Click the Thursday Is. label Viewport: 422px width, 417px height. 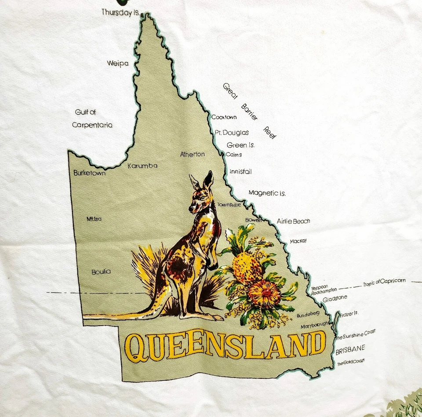tap(120, 12)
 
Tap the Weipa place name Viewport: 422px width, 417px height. tap(118, 64)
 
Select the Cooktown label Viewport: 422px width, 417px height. tap(224, 117)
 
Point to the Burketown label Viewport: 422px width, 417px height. tap(90, 173)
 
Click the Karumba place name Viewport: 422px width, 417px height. tap(142, 166)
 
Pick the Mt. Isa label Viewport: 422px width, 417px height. tap(94, 219)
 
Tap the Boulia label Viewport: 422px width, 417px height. tap(101, 272)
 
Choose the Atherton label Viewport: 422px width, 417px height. tap(193, 154)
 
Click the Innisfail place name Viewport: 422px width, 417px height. tap(240, 171)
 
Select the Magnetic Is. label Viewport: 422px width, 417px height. tap(267, 193)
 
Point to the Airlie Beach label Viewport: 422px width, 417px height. tap(293, 221)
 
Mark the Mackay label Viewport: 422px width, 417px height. tap(298, 241)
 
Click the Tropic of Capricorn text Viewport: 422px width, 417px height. tap(384, 283)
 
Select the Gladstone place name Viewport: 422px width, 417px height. tap(335, 298)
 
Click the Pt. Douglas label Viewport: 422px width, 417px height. tap(232, 132)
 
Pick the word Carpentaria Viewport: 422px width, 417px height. tap(92, 125)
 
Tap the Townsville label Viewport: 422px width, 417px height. tap(229, 205)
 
